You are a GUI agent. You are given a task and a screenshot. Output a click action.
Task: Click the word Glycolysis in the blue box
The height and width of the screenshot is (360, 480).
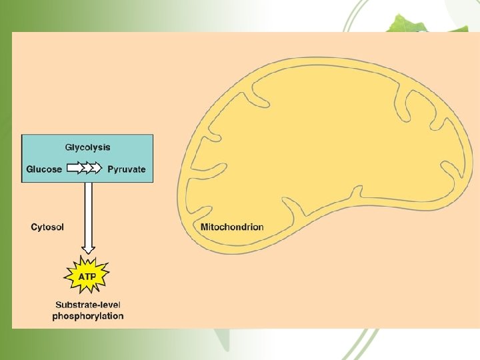(x=87, y=147)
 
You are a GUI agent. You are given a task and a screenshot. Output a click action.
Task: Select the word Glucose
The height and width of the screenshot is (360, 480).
(x=44, y=169)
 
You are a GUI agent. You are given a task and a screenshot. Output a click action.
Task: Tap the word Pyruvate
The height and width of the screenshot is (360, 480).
(x=126, y=169)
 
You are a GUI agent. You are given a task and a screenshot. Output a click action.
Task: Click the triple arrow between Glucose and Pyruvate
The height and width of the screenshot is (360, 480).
(x=85, y=169)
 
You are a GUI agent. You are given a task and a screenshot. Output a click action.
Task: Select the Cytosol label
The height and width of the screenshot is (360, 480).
(x=47, y=227)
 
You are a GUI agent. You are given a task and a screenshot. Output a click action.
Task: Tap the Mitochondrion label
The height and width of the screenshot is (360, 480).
(x=232, y=227)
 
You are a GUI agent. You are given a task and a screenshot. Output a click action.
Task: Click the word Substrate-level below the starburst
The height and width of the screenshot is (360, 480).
(x=87, y=306)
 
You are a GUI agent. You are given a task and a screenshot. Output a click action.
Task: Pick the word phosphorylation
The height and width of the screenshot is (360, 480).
(x=87, y=316)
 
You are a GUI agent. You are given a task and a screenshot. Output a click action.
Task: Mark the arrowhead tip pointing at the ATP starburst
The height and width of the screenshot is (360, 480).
(x=88, y=253)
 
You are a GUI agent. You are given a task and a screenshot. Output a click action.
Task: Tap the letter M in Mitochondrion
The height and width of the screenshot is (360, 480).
(x=204, y=227)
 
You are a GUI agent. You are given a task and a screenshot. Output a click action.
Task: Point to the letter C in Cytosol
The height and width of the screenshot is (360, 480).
(x=34, y=227)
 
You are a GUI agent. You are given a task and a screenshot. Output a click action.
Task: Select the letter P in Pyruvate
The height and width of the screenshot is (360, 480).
(x=110, y=169)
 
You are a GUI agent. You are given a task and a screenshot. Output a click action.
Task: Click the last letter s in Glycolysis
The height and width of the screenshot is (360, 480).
(x=108, y=147)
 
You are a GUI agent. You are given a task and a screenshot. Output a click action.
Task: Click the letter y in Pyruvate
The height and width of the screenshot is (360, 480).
(x=115, y=170)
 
